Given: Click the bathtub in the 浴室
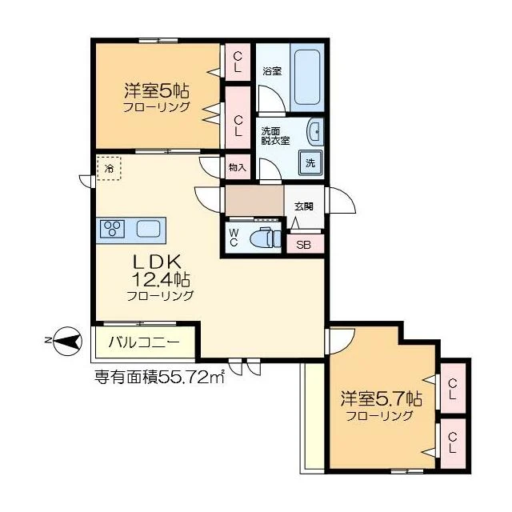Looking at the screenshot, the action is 307,77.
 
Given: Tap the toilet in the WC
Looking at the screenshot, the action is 265,238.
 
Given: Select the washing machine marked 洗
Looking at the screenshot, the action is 310,162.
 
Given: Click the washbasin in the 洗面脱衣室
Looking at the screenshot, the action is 314,131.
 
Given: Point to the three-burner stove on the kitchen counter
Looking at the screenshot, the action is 113,228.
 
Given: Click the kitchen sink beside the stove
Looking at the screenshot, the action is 148,228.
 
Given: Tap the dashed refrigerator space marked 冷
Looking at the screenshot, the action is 109,168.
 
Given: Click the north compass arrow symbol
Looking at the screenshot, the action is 67,341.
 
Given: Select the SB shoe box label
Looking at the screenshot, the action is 303,245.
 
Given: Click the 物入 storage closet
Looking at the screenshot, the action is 238,167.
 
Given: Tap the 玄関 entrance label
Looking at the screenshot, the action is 304,206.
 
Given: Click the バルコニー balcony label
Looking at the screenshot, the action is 144,342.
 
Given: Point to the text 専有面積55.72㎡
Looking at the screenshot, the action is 159,377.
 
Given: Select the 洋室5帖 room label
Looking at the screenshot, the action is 157,90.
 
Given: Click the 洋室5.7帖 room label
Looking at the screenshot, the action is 381,398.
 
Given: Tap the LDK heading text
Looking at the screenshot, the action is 157,262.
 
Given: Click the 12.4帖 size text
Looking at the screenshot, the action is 161,279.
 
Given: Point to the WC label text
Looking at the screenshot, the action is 234,238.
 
